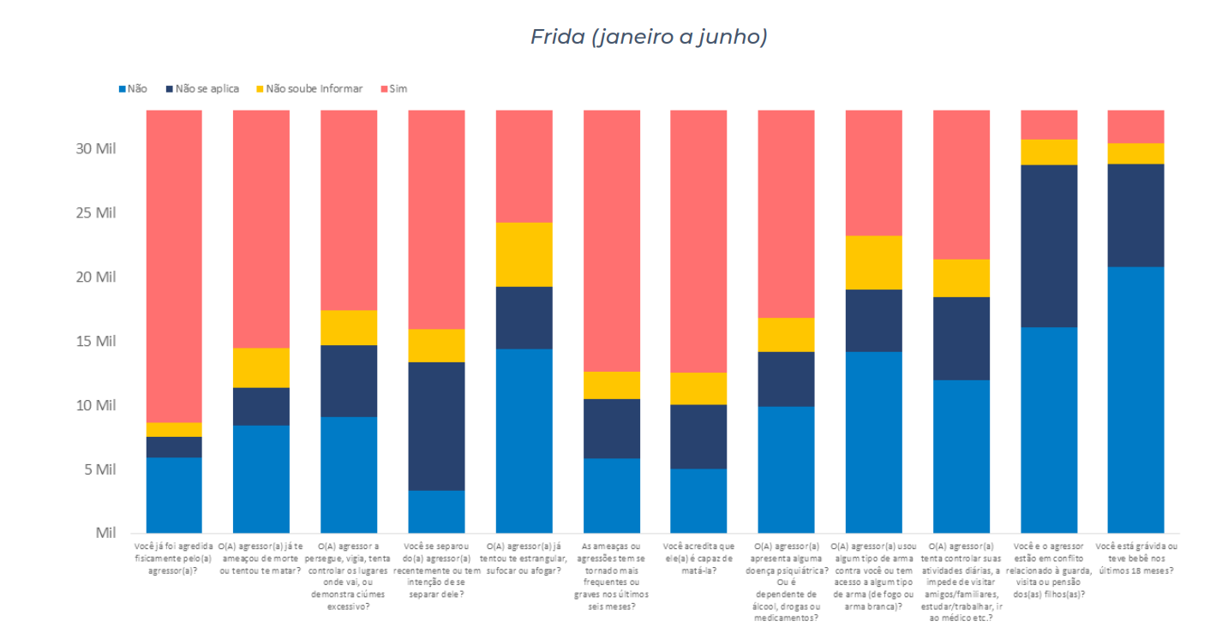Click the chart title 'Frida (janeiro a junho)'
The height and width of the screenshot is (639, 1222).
(648, 37)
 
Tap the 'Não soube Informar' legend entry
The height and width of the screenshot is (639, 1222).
(314, 88)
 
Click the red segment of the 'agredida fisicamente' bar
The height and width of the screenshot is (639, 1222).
(174, 266)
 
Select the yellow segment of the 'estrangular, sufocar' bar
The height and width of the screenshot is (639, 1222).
(524, 254)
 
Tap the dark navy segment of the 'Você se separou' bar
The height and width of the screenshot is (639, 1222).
(436, 426)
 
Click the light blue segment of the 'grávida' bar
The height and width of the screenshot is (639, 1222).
(1135, 399)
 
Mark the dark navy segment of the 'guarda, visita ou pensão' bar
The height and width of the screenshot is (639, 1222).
(1048, 246)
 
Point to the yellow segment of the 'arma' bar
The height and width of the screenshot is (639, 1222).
(873, 262)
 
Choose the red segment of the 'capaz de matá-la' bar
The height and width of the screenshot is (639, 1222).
(698, 241)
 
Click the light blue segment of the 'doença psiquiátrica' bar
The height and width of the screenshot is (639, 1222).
(786, 469)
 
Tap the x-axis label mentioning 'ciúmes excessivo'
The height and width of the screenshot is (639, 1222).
(349, 576)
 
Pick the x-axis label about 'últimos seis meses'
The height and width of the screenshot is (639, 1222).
(611, 576)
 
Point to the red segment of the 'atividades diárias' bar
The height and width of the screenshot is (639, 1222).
(961, 184)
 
